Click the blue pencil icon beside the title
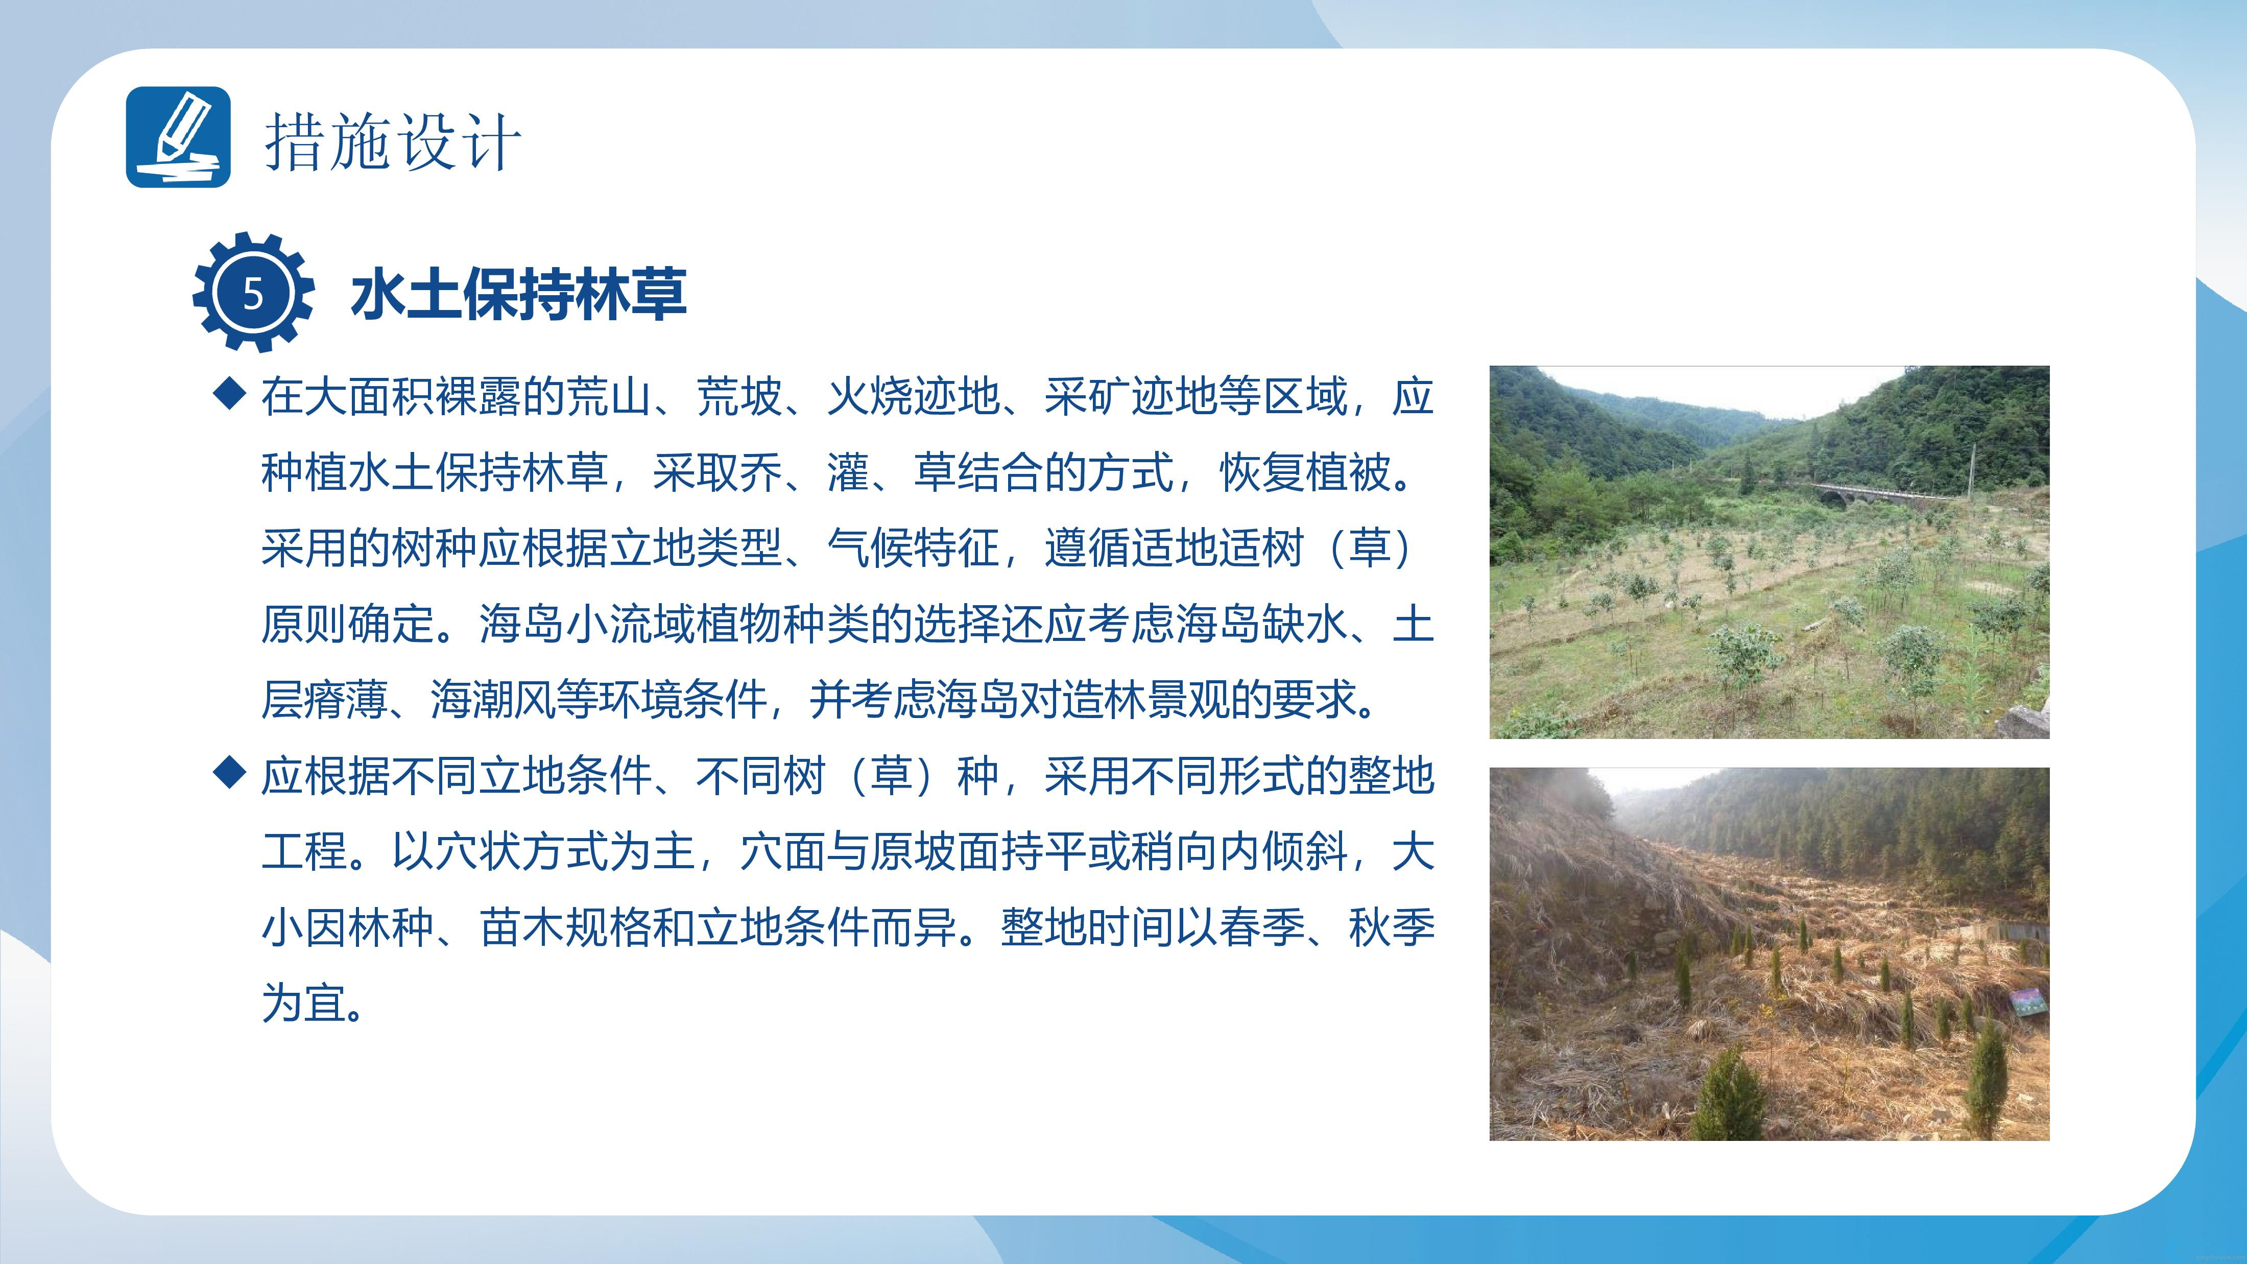click(179, 137)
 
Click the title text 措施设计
click(393, 141)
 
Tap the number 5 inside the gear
click(253, 294)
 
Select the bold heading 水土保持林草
click(519, 294)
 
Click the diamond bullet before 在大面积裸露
click(229, 393)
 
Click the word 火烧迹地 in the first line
click(913, 396)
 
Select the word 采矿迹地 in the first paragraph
click(1131, 396)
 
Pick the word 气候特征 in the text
click(913, 548)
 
